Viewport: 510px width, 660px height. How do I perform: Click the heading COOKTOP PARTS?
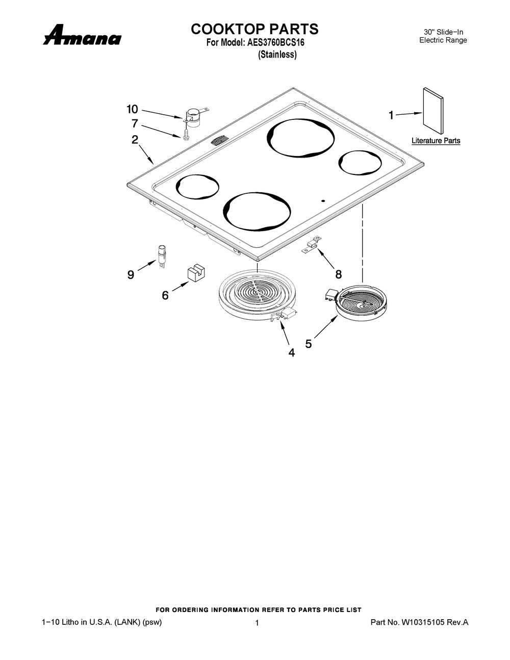tap(254, 29)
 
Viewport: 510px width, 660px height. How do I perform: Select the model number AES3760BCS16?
tap(275, 42)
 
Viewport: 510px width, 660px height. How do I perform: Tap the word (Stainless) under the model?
tap(277, 55)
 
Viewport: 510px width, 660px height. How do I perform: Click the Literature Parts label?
tap(436, 141)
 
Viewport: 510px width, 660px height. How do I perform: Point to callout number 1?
tap(392, 115)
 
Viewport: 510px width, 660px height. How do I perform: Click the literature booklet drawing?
tap(433, 111)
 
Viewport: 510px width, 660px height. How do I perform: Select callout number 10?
tap(133, 109)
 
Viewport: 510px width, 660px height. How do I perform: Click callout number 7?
tap(135, 123)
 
